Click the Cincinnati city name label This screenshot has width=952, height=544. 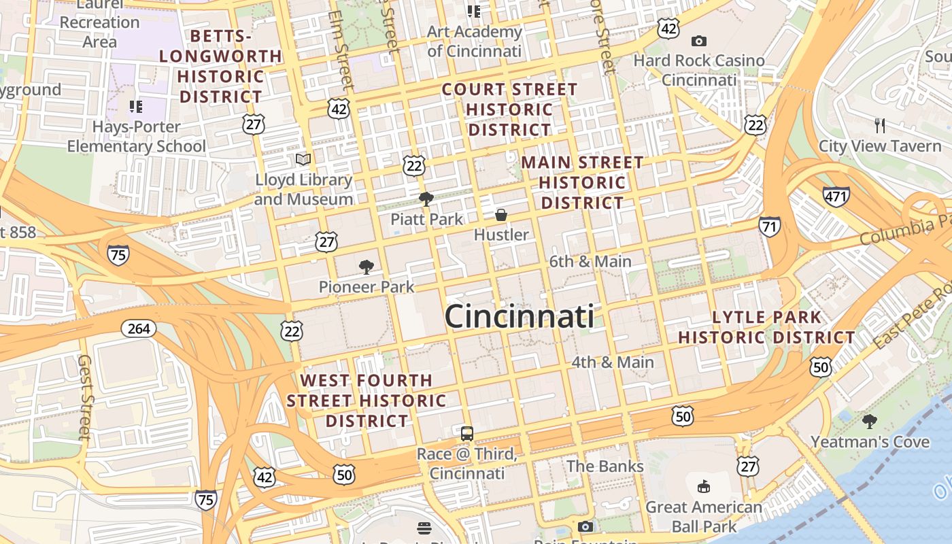tap(519, 317)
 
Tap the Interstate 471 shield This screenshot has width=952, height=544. tap(836, 197)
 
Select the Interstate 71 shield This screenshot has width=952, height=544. tap(770, 226)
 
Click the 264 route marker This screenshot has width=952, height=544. tap(139, 329)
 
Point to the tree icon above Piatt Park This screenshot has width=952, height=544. tap(426, 199)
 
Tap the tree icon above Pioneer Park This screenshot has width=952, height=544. tap(366, 267)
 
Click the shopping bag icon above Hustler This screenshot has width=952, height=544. tap(501, 215)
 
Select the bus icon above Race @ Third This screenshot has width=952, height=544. tap(467, 434)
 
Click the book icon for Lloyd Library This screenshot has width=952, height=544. tap(303, 160)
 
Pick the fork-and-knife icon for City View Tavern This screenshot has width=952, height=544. tap(880, 125)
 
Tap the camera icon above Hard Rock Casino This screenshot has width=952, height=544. tap(698, 41)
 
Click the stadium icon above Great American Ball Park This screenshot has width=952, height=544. tap(704, 487)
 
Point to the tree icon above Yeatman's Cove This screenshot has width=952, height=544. tap(869, 422)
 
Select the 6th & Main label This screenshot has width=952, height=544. tap(590, 261)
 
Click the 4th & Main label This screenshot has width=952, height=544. tap(612, 362)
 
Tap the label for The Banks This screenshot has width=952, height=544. tap(605, 466)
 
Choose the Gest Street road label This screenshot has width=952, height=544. tap(84, 397)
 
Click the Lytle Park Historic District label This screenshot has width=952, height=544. tap(766, 327)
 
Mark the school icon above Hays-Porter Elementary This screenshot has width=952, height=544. tap(136, 107)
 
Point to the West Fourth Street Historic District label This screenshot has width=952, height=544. tap(367, 401)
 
